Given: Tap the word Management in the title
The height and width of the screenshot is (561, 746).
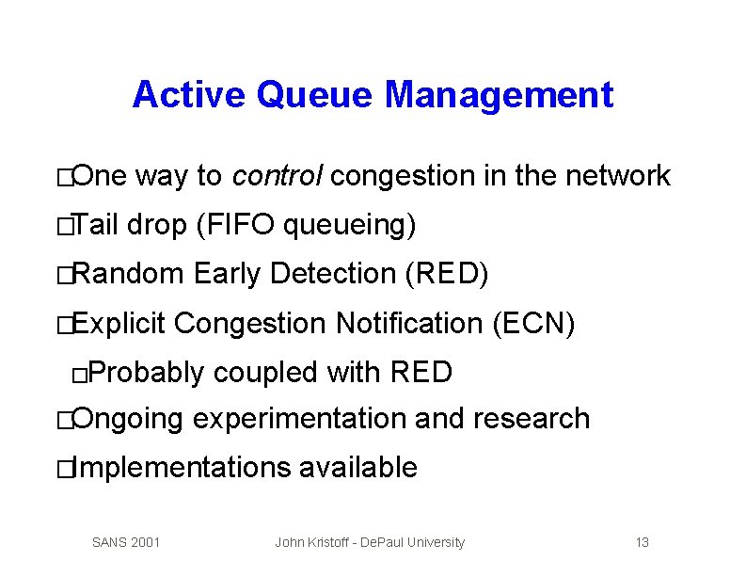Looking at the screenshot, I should point(499,95).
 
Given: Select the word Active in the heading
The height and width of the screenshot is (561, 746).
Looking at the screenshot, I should point(189,95).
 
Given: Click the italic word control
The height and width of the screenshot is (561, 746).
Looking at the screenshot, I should point(278,176).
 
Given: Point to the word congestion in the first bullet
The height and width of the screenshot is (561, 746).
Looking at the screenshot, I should point(405,176).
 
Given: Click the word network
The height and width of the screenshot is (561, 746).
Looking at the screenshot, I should point(618,176).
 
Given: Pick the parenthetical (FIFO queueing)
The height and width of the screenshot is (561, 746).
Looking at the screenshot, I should point(307,226).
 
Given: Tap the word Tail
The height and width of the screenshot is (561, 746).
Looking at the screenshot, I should point(95,226).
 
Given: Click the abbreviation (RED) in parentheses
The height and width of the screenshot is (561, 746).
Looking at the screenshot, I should point(446,275).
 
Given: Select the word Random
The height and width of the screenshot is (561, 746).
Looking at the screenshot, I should point(128,275).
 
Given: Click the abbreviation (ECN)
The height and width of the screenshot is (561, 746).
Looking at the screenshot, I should point(533,324).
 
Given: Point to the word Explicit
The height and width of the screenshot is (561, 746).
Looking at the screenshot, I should point(119,324).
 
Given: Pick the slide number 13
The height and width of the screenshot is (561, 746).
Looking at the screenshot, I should point(643,542).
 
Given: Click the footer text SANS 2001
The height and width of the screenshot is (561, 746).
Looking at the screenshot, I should point(126,542).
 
